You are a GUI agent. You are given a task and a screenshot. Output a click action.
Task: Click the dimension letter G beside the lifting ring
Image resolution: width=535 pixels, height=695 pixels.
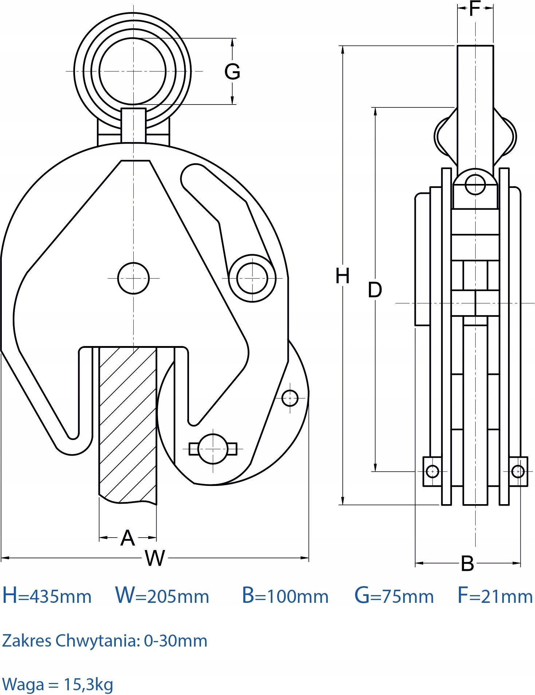click(232, 71)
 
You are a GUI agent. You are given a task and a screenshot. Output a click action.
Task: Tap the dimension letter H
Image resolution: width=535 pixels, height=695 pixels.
click(342, 275)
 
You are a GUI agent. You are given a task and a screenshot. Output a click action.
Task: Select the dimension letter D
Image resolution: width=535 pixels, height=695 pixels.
click(375, 290)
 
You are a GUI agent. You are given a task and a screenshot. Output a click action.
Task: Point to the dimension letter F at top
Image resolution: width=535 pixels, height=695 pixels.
click(475, 8)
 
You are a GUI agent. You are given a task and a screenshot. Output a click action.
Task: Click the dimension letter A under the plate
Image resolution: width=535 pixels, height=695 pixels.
click(127, 538)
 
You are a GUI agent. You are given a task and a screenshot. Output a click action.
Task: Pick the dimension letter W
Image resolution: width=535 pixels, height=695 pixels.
click(155, 558)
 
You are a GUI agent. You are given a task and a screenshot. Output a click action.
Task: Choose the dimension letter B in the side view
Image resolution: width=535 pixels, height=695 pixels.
click(467, 563)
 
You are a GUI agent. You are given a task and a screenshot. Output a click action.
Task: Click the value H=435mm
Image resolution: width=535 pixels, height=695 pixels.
click(47, 596)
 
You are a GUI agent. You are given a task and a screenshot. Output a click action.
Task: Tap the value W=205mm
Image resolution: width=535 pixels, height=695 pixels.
click(162, 596)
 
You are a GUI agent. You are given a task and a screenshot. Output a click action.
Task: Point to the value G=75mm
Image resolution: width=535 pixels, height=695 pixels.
click(394, 596)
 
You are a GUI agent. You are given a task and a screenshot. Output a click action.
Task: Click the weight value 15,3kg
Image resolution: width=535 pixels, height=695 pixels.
click(88, 684)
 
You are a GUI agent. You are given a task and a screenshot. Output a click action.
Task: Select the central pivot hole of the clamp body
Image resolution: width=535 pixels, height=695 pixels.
click(134, 278)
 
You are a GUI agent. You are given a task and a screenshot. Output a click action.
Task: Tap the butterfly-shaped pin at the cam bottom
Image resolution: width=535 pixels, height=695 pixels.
click(213, 449)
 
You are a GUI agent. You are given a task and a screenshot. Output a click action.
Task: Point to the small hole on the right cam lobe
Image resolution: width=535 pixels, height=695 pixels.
click(290, 398)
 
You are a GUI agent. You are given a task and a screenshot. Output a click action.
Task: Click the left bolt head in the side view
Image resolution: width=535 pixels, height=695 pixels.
click(432, 471)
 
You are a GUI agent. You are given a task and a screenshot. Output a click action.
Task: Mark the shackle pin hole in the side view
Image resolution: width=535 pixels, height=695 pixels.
click(475, 184)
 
